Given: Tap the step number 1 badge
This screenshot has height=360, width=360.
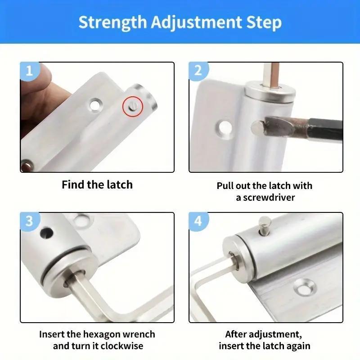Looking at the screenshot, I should (29, 71).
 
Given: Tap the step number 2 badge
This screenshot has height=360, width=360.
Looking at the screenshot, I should (198, 71).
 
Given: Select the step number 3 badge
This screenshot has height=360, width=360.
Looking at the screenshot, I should (29, 221).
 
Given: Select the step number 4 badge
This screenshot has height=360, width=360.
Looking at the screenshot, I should (198, 221).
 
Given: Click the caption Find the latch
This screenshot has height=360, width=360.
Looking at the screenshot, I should (97, 184).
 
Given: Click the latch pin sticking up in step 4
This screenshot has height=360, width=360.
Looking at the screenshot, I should (264, 225).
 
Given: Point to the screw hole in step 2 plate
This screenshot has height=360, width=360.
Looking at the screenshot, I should (224, 128).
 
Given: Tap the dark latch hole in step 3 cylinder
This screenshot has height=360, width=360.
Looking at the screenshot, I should (46, 233).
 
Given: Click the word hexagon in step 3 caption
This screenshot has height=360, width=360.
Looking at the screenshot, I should (109, 334).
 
